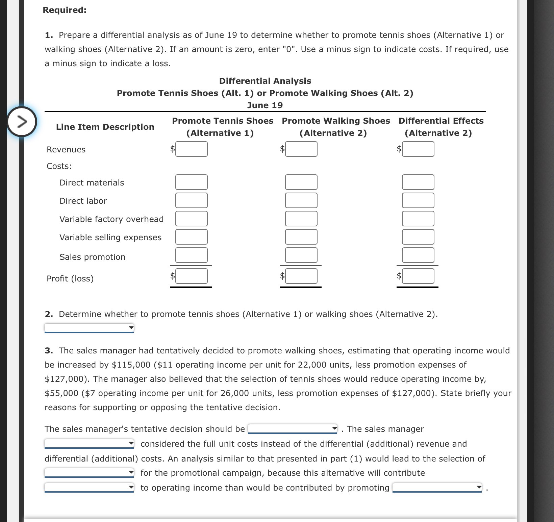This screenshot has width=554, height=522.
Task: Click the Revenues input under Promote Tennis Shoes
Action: [191, 149]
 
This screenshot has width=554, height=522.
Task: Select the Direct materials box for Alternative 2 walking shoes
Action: [301, 182]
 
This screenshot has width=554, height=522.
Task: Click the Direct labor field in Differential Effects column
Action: [418, 200]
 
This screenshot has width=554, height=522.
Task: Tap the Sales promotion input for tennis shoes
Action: [191, 255]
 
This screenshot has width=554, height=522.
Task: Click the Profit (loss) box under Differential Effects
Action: [418, 276]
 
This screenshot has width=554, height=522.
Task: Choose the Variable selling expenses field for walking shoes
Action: [301, 237]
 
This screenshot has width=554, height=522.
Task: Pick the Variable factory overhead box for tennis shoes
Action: [191, 219]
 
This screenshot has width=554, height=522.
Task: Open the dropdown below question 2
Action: [89, 327]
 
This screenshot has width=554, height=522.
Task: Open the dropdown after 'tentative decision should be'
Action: [293, 429]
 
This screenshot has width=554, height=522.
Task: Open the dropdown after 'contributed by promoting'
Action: [437, 488]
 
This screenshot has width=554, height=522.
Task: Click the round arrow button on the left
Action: [22, 121]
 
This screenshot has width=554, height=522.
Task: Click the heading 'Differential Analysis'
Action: [265, 81]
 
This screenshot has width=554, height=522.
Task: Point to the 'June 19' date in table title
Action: [265, 105]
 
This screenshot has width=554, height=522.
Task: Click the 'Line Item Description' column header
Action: [105, 127]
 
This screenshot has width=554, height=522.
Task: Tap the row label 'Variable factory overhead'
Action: [111, 219]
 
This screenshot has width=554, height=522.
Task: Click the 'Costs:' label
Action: [59, 166]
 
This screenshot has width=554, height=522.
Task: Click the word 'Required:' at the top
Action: [65, 10]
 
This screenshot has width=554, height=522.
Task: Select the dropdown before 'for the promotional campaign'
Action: [89, 473]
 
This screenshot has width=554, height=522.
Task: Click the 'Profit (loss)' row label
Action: [70, 278]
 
